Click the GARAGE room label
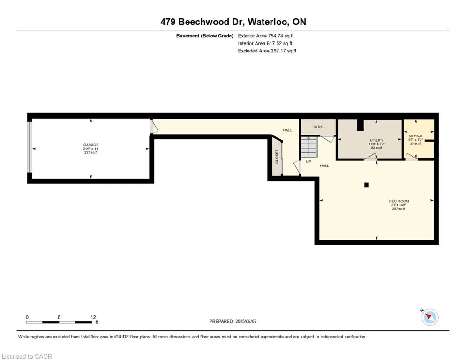91,145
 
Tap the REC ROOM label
376,201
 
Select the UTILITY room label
376,140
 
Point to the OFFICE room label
415,136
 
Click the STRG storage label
318,127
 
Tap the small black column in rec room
367,184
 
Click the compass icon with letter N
429,317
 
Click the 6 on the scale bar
59,317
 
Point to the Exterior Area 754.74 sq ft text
266,36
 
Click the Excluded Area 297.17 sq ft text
267,51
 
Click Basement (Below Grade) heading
204,36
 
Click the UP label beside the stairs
308,161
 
